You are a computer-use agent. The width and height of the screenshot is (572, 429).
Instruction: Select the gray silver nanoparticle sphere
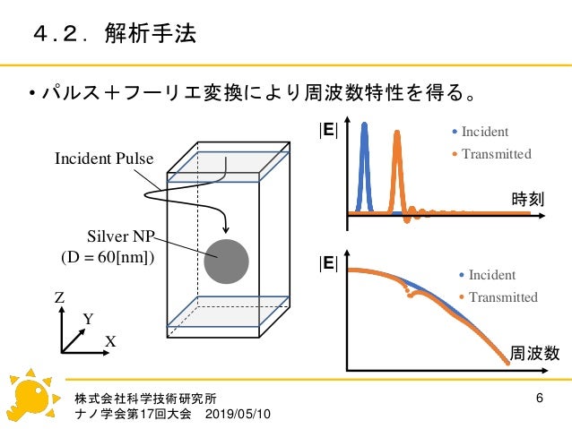pos(226,262)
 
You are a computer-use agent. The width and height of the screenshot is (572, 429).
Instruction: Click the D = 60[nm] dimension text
pos(108,259)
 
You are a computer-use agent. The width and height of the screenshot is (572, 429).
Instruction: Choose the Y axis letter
pos(88,319)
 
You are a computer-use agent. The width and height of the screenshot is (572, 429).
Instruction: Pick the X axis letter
pos(111,342)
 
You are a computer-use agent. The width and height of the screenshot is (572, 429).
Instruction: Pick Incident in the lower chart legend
pos(492,275)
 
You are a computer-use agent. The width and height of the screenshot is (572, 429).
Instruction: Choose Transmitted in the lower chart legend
pos(503,296)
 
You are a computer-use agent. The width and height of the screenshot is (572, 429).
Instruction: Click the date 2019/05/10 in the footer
pos(241,416)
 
